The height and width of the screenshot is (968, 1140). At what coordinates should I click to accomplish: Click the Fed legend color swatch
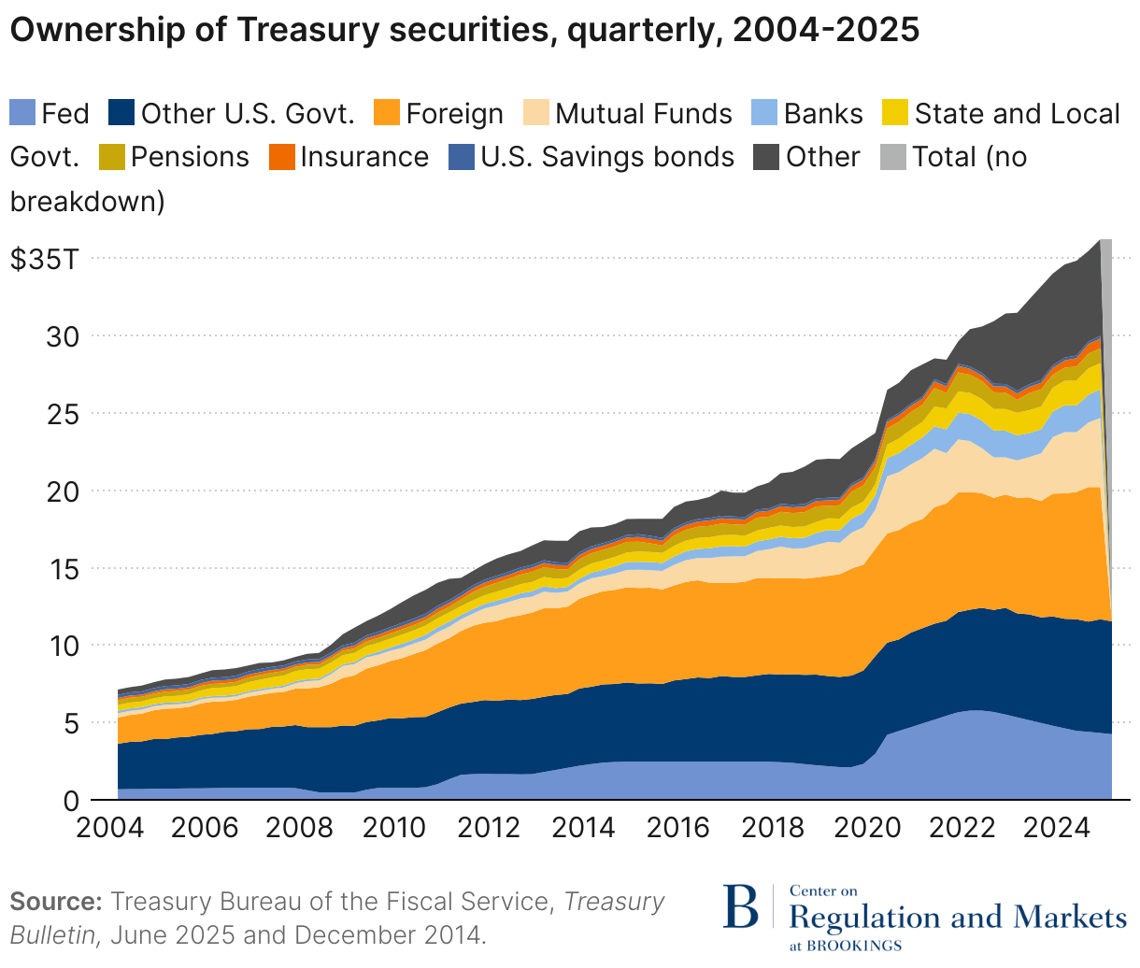coord(22,114)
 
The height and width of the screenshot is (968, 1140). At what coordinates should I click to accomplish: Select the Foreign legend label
coord(454,114)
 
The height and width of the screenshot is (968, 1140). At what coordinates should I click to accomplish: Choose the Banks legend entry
coord(822,114)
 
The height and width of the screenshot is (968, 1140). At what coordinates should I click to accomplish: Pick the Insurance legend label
coord(363,157)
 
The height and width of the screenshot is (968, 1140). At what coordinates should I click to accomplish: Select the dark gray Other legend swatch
coord(766,157)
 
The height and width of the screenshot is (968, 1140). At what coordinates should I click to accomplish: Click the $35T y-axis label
coord(45,259)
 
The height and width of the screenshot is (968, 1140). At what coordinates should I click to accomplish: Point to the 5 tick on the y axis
coord(71,723)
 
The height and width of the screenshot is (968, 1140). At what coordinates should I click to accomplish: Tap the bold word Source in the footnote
coord(54,902)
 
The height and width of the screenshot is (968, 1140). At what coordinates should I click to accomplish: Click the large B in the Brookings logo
coord(743,905)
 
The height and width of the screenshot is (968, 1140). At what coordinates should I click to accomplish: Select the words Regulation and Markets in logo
coord(958,917)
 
